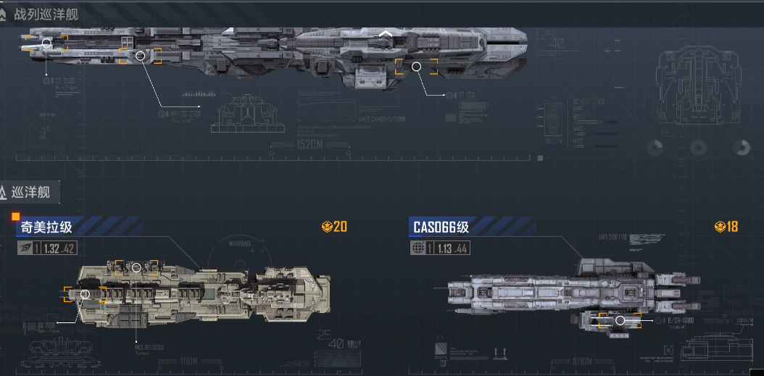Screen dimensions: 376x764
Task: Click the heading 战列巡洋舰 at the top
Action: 46,14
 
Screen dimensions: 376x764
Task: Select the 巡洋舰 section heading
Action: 30,193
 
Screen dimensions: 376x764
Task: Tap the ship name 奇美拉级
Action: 46,227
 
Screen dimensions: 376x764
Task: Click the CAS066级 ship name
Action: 441,227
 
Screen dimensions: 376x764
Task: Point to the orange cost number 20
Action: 340,227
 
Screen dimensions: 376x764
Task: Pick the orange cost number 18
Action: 731,227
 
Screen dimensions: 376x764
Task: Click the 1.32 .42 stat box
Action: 58,248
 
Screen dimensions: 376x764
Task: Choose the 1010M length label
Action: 582,361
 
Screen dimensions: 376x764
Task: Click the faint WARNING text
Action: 240,244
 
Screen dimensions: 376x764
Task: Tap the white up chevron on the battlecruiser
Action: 386,33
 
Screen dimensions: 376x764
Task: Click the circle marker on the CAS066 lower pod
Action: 620,320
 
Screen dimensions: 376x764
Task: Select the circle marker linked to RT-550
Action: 416,67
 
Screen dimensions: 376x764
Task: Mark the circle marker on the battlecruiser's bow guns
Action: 46,43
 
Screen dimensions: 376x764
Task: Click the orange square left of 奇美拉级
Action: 15,216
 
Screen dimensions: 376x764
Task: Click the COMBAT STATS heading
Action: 588,102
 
